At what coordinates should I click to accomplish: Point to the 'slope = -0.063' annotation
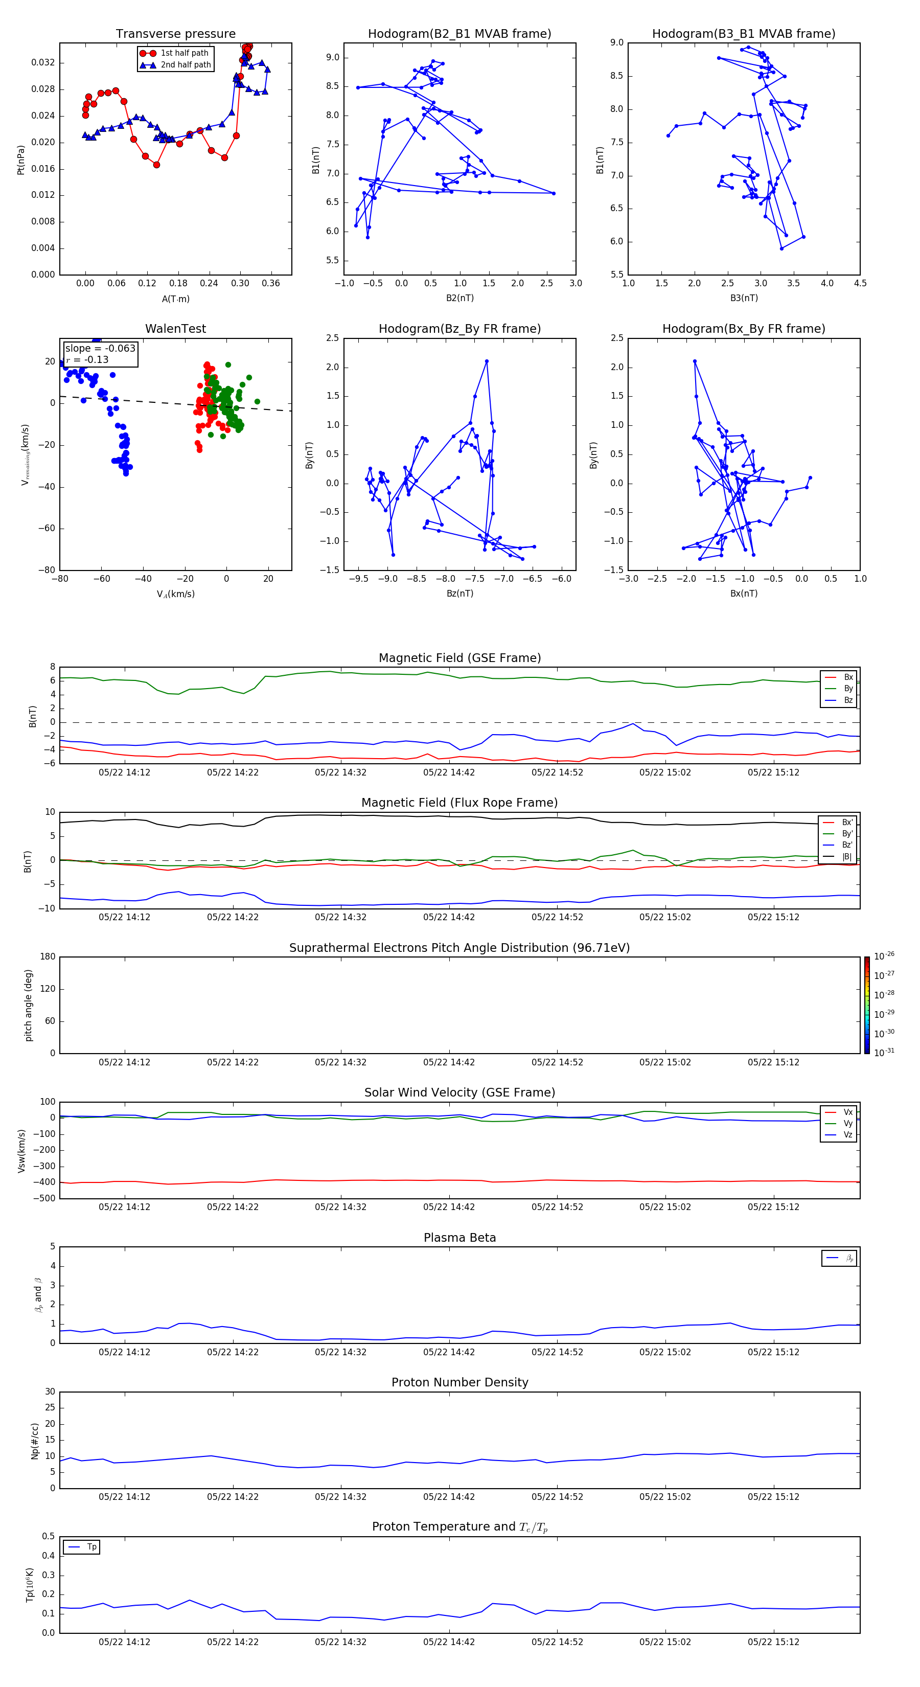(x=100, y=349)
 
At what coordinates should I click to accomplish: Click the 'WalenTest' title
(x=175, y=329)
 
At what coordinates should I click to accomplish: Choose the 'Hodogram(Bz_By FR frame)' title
(x=459, y=329)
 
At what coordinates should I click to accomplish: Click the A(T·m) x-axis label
(x=175, y=299)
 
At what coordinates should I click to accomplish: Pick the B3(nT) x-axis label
(x=744, y=298)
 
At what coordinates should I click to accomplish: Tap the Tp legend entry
(x=91, y=1547)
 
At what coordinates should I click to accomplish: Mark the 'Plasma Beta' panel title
(x=459, y=1238)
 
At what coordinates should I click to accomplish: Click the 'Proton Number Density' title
(x=459, y=1382)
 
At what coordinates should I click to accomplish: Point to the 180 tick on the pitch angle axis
(x=48, y=957)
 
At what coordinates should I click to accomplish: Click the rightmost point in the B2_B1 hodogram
(x=554, y=193)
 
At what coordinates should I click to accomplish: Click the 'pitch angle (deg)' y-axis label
(x=28, y=1005)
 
